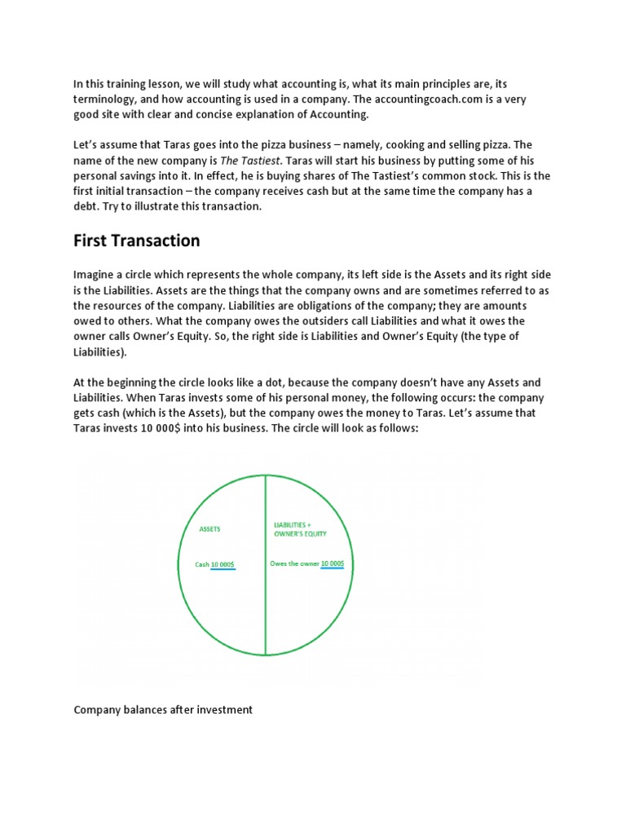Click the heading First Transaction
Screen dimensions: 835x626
pos(136,241)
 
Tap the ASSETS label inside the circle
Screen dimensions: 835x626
pos(210,529)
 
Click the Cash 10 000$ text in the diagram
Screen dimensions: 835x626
pos(215,563)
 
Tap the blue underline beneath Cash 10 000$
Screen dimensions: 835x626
pos(223,569)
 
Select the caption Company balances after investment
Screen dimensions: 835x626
pos(163,709)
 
